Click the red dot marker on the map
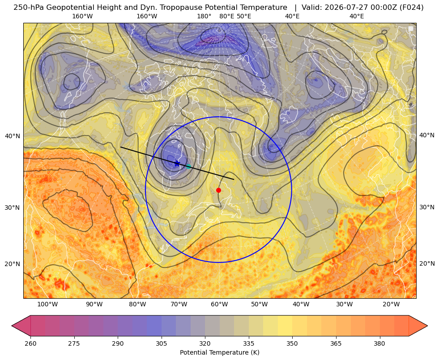219,190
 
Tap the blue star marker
177,163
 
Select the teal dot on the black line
189,166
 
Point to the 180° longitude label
204,16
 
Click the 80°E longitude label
226,16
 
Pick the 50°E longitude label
244,16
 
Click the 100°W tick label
47,304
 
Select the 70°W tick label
179,304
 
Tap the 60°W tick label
219,304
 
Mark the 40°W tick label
301,304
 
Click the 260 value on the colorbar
30,343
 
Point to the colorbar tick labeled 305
161,343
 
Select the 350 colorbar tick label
292,343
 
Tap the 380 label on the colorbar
379,343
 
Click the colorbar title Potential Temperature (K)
220,352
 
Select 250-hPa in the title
29,8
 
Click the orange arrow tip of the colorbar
427,326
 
